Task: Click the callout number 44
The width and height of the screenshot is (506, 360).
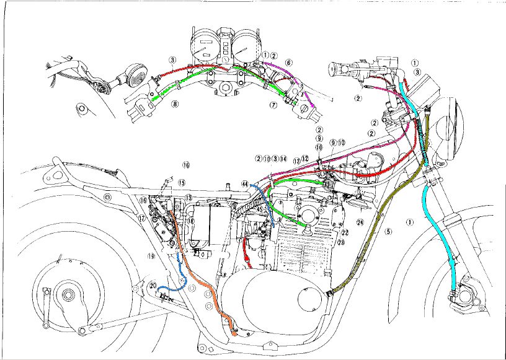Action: [x=246, y=185]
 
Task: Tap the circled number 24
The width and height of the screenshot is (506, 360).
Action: [x=359, y=221]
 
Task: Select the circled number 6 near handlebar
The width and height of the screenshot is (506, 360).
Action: [x=289, y=63]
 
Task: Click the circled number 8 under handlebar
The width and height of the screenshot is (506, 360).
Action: [x=175, y=104]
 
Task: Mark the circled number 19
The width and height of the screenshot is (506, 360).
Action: [x=150, y=255]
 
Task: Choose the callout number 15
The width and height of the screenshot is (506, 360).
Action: [x=182, y=182]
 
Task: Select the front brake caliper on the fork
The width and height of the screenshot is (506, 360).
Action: [x=461, y=298]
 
